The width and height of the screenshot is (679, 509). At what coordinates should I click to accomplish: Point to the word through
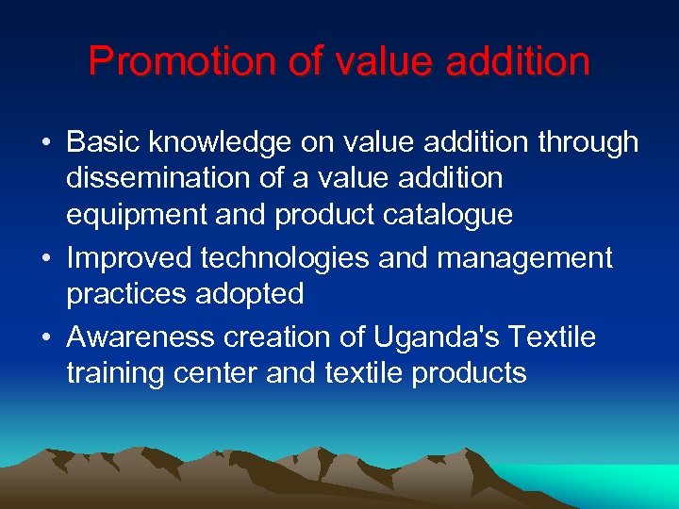(x=588, y=142)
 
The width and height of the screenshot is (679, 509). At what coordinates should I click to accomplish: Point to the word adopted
(x=249, y=293)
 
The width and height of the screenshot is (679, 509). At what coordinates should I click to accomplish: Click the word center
(x=216, y=372)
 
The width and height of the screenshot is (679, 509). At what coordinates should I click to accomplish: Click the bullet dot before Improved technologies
(x=46, y=257)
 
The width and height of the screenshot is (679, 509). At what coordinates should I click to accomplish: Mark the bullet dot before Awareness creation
(x=46, y=337)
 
